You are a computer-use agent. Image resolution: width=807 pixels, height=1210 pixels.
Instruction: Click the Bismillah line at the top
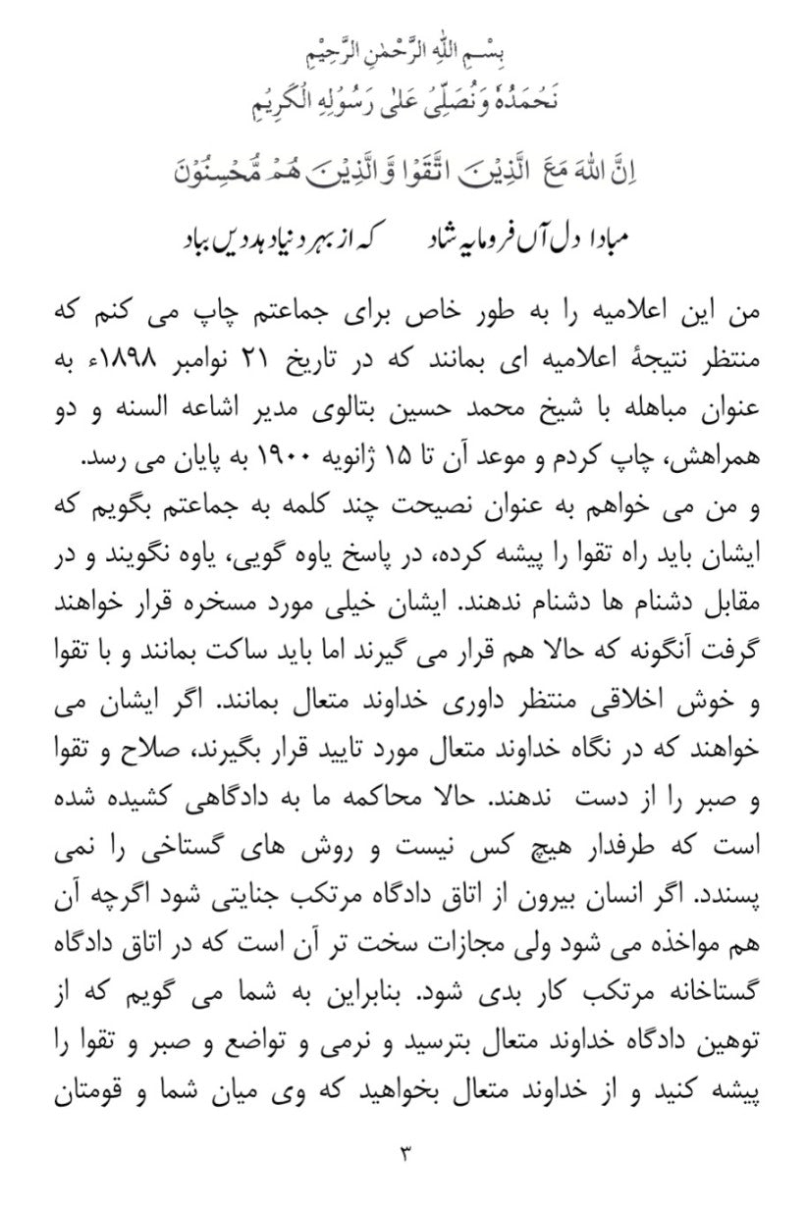pyautogui.click(x=403, y=46)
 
